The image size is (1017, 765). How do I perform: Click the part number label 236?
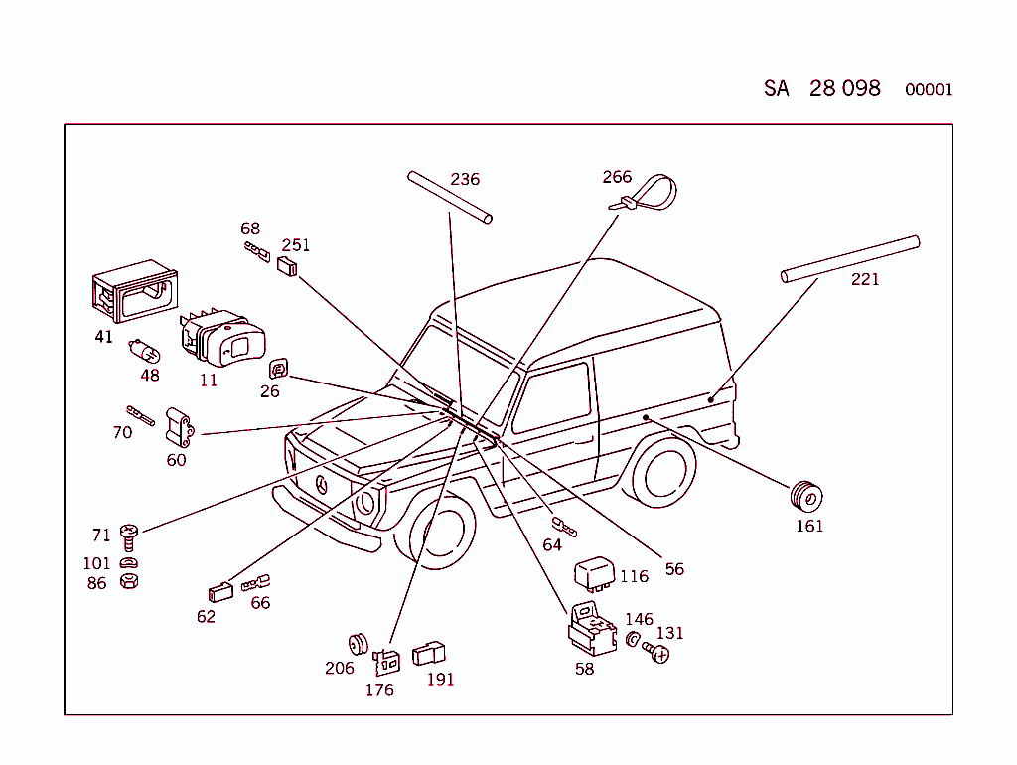click(465, 180)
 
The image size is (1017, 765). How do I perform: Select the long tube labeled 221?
click(850, 258)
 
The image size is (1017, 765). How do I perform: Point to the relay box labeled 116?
click(595, 573)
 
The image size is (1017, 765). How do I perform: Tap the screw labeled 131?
click(657, 652)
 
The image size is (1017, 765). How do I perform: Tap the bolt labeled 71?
click(128, 537)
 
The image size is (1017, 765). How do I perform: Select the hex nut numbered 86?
click(128, 579)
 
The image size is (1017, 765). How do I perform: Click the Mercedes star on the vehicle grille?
click(322, 483)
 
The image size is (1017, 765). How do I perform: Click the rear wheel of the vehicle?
click(660, 473)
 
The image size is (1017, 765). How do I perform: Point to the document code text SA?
click(776, 88)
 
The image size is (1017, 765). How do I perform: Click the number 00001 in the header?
click(929, 90)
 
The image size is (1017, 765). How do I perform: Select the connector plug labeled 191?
click(429, 652)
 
